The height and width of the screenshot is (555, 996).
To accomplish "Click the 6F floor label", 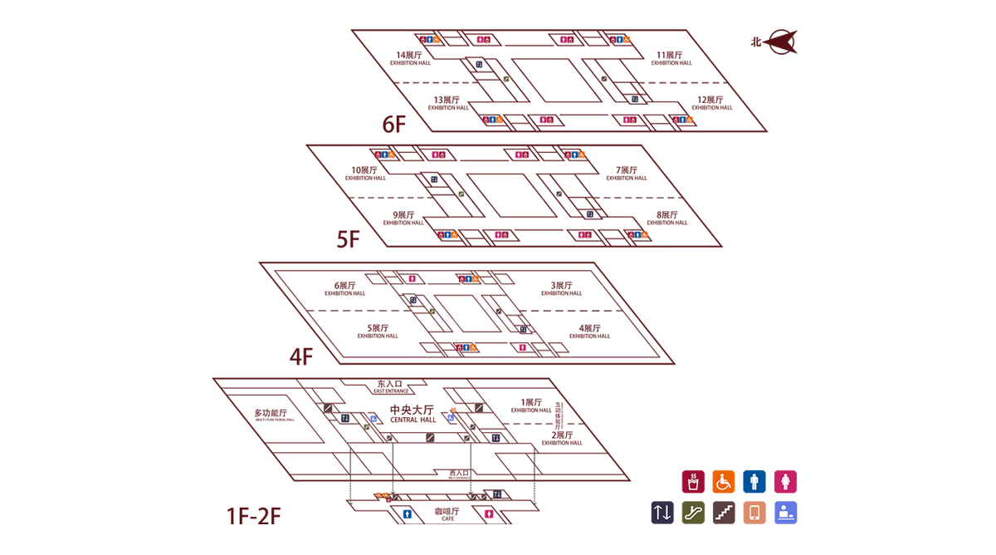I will pos(394,124).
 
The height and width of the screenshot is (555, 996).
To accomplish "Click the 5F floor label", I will pos(348,239).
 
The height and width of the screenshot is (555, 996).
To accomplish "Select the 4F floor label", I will pos(300,356).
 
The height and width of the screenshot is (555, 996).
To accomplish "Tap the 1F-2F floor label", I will pos(254,516).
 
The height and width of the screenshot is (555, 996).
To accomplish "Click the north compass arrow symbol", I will pos(780,42).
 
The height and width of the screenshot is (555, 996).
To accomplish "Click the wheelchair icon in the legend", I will pos(724,482).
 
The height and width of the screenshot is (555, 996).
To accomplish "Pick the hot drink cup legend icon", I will pos(693,482).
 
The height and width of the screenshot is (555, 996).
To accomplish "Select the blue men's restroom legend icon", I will pos(754,482).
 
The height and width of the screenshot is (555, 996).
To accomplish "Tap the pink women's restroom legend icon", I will pos(785,482).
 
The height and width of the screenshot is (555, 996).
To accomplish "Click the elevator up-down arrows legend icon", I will pos(662,513).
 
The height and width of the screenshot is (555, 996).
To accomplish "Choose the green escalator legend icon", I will pos(693,513).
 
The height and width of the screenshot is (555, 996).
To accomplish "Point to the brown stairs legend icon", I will pos(724,513).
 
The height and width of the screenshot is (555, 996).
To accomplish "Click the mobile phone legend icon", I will pos(754,513).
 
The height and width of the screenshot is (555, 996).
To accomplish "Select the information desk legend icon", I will pos(785,513).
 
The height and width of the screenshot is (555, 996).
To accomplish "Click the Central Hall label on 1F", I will pos(413,413).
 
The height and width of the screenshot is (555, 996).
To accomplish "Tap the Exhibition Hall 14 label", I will pos(410,57).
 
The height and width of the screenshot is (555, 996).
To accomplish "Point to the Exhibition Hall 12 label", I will pos(711,103).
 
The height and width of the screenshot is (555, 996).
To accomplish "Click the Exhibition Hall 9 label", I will pos(403,218).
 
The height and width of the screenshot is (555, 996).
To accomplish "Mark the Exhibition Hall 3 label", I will pos(562,288).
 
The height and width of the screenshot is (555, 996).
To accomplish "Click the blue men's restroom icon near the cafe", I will pos(407,514).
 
